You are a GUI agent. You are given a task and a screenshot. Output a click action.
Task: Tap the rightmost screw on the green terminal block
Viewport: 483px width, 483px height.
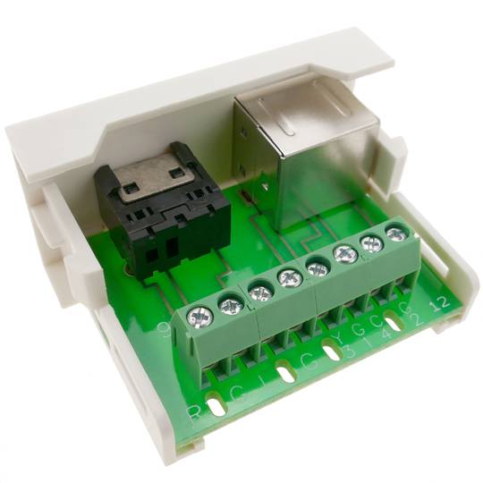pyautogui.click(x=395, y=235)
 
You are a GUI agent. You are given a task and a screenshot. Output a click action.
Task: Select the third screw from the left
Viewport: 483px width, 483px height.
pyautogui.click(x=260, y=291)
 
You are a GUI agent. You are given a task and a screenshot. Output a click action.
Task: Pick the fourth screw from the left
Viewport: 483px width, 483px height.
pyautogui.click(x=289, y=278)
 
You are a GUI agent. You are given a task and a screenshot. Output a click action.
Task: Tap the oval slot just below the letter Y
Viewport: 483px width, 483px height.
pyautogui.click(x=332, y=352)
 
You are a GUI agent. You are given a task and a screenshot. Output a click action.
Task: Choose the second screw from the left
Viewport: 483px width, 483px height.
pyautogui.click(x=231, y=307)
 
